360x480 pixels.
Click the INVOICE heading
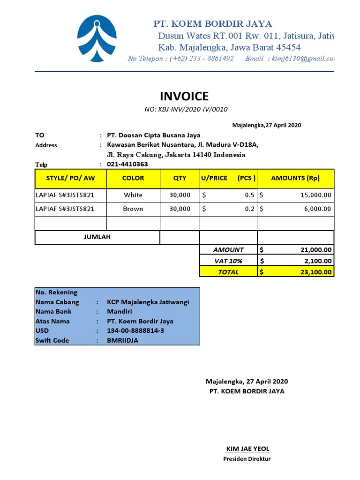pos(184,97)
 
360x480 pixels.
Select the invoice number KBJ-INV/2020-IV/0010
pos(186,110)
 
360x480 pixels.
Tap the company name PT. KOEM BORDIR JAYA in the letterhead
pos(213,24)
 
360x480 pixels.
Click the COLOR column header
pos(133,178)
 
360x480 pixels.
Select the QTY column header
pos(180,178)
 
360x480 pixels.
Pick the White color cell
pos(133,195)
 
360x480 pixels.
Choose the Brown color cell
pos(133,209)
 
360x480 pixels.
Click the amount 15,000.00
pos(315,195)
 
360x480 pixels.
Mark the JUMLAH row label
pos(97,237)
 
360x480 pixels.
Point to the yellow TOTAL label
pos(228,272)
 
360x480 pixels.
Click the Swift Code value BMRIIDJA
pos(122,340)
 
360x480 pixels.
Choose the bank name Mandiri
pos(120,312)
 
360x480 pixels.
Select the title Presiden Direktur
pos(247,459)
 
